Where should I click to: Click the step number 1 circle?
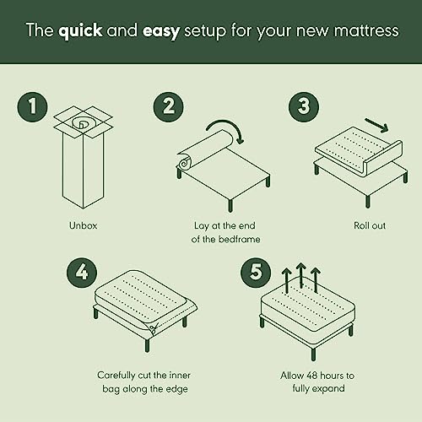pos(32,107)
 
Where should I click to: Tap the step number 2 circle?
pos(169,107)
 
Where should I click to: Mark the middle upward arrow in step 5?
pos(300,276)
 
